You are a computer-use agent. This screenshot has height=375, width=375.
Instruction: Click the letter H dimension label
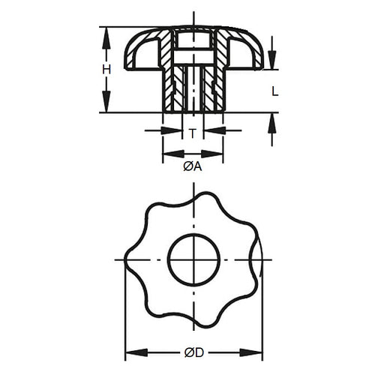107,69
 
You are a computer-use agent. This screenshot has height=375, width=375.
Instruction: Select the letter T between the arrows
193,133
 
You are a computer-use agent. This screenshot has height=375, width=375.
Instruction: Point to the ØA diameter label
193,166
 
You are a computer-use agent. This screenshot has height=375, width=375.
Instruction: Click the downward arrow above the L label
271,60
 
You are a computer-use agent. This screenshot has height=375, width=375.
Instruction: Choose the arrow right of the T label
211,130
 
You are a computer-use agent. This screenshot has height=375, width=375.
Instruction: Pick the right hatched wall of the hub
215,86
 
